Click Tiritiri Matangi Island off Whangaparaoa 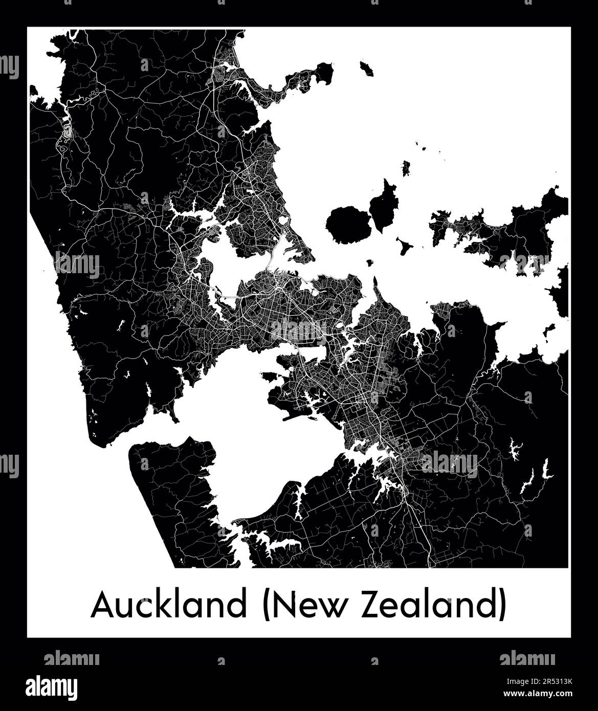pyautogui.click(x=366, y=68)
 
